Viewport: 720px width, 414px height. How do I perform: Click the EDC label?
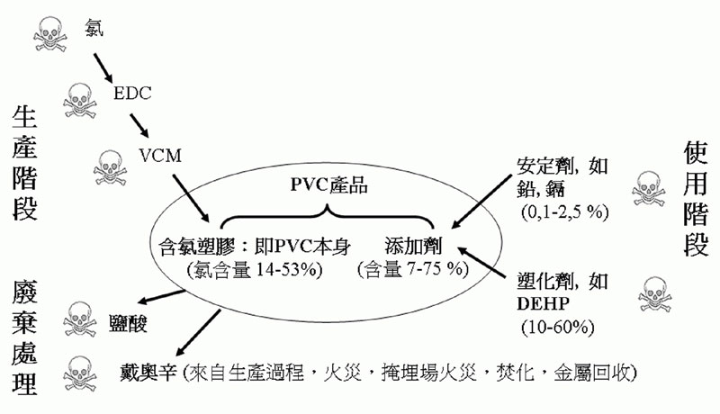[132, 94]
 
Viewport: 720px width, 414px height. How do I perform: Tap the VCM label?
[160, 156]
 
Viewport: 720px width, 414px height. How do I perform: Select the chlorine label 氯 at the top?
[94, 28]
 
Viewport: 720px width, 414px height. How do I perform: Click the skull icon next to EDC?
[80, 101]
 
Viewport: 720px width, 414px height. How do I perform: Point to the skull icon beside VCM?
[110, 168]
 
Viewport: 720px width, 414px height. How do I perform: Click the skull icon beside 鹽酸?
[80, 319]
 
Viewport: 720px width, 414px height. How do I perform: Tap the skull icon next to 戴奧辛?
[80, 374]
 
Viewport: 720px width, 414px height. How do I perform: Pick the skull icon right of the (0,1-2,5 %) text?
[648, 189]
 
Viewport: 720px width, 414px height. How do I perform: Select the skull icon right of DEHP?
[655, 294]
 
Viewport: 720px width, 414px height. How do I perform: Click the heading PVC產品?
[328, 185]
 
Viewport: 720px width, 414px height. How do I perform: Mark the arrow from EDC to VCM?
[139, 126]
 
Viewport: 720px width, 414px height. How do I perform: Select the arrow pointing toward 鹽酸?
[162, 296]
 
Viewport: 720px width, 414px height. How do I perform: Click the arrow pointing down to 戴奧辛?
[197, 332]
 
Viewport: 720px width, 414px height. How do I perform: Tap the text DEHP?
[544, 304]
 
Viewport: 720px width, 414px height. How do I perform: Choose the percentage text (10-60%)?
[557, 328]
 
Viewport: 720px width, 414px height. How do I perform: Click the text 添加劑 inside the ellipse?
[413, 246]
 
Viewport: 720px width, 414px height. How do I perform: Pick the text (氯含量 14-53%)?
[255, 269]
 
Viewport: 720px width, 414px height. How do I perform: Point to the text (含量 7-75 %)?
[413, 269]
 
